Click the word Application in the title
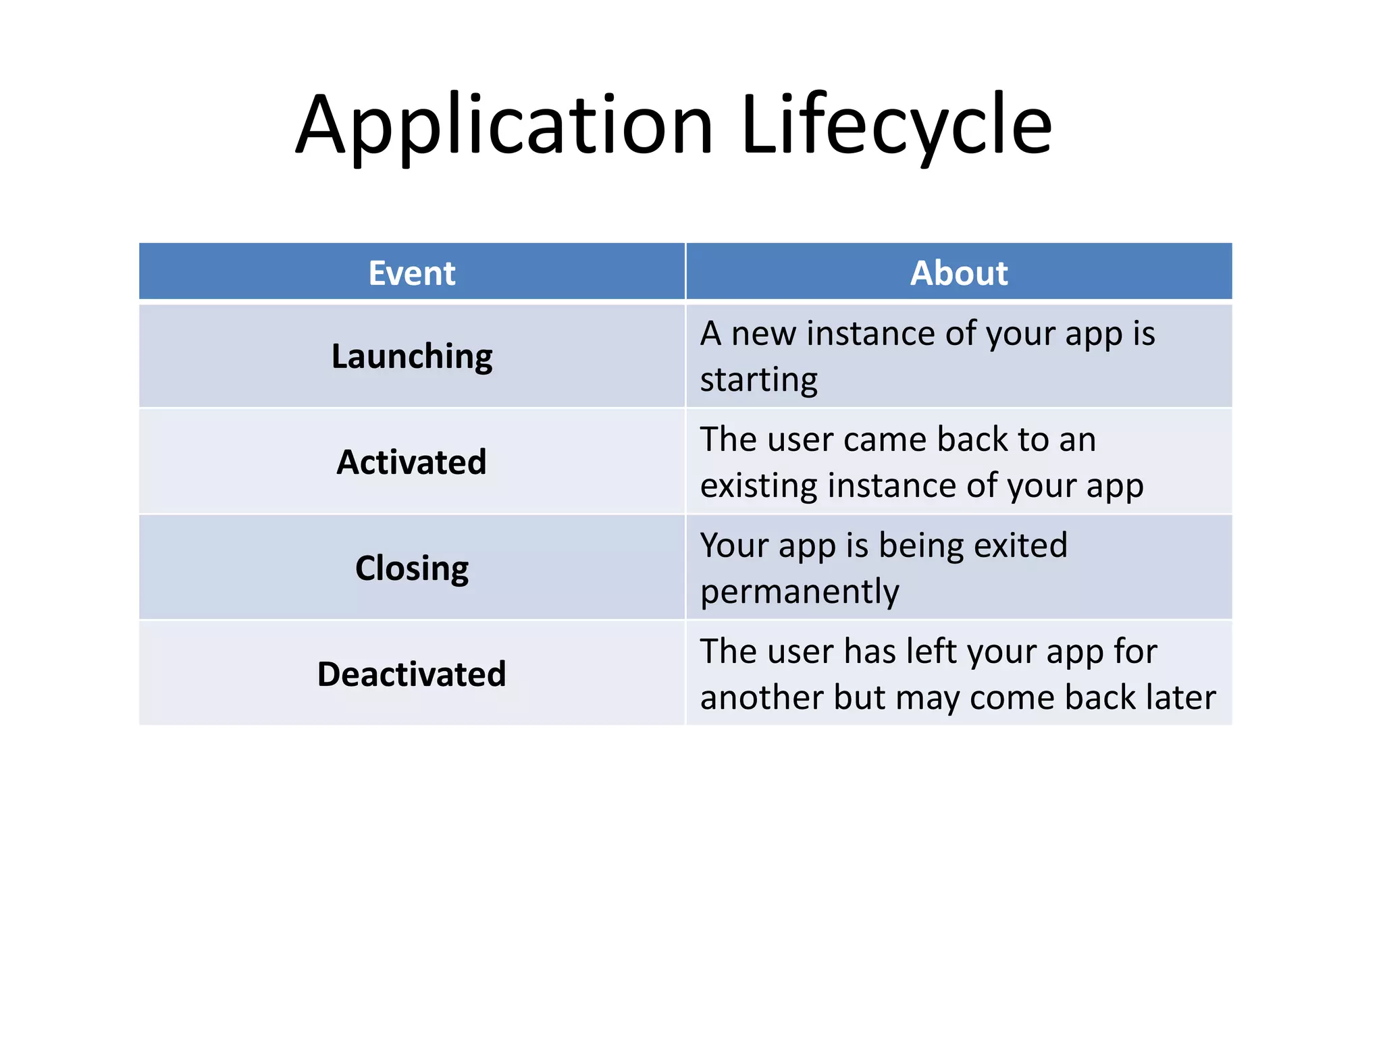tap(504, 126)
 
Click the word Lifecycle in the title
tap(896, 126)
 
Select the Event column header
tap(412, 273)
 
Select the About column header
tap(959, 273)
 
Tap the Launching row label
tap(412, 356)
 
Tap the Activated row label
tap(412, 462)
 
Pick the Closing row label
tap(412, 568)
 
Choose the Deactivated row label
tap(412, 674)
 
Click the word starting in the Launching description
tap(758, 380)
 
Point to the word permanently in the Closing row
tap(800, 592)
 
